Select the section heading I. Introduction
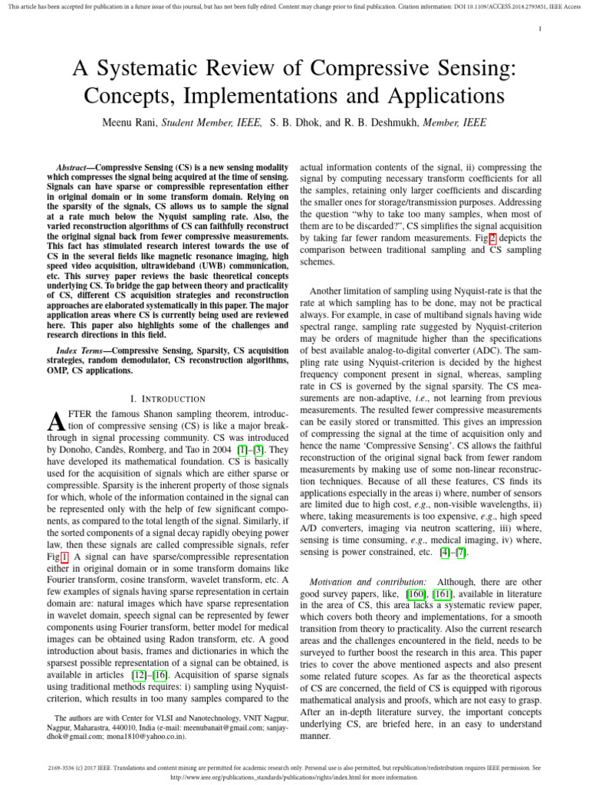click(x=168, y=399)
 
